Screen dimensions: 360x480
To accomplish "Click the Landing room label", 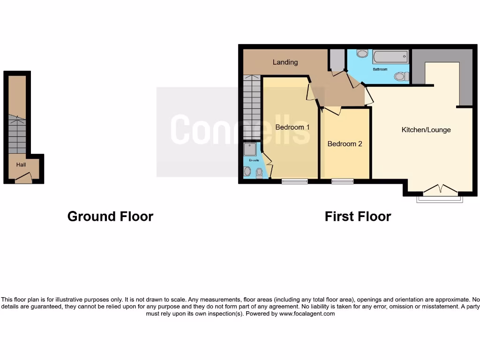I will click(x=285, y=62).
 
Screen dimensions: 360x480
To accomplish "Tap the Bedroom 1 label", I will click(x=292, y=127).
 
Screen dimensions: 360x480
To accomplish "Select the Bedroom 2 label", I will click(x=345, y=144).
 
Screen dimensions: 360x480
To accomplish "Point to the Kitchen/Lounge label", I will click(x=426, y=130).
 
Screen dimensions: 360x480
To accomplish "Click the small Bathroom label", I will click(x=380, y=69).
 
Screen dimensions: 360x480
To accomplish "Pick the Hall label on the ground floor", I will click(x=21, y=165).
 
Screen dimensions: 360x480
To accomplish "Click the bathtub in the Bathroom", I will click(x=390, y=57).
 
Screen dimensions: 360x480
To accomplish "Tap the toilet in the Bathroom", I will click(x=400, y=76).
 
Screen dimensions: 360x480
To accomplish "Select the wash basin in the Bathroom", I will click(x=362, y=53).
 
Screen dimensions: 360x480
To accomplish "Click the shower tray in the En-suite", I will click(x=249, y=149).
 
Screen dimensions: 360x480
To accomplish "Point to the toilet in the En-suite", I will click(x=259, y=172).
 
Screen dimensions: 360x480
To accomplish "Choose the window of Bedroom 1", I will click(x=294, y=181).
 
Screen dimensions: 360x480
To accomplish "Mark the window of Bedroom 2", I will click(x=342, y=181).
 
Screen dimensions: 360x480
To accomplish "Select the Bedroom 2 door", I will click(x=332, y=111).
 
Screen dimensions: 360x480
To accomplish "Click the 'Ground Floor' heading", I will click(x=110, y=216).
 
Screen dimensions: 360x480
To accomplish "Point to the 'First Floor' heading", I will click(x=358, y=216).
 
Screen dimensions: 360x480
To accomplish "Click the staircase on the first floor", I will click(x=252, y=107).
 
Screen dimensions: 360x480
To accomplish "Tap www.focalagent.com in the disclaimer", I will click(x=307, y=314).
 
